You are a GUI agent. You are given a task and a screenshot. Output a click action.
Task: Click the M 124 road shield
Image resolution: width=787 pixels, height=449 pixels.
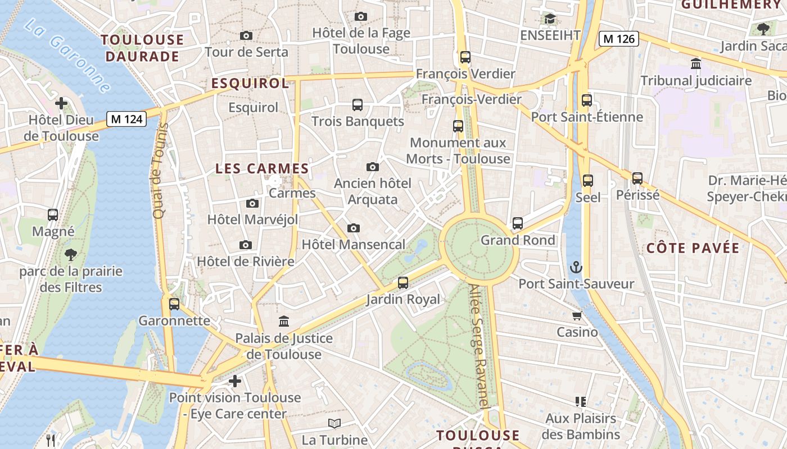[126, 119]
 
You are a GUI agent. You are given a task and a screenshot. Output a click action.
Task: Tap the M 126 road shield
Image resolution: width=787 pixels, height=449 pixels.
[619, 39]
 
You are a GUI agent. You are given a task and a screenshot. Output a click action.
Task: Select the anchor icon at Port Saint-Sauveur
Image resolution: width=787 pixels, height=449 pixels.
[576, 267]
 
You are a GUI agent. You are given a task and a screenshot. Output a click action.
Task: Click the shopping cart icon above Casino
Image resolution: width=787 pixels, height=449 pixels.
[577, 315]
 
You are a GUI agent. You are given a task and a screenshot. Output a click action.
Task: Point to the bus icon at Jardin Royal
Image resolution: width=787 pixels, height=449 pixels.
[403, 283]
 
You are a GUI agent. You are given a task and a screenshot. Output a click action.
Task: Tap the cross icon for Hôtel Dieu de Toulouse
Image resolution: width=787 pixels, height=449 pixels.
[61, 103]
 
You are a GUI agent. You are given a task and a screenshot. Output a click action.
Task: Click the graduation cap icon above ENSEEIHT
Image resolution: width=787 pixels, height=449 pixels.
[550, 19]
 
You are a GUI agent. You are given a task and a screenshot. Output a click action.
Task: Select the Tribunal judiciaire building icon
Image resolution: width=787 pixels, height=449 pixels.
[696, 64]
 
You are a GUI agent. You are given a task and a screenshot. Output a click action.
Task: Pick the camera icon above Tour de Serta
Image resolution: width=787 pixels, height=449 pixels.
[246, 36]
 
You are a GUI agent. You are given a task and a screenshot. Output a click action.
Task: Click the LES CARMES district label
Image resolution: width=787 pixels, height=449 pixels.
[263, 168]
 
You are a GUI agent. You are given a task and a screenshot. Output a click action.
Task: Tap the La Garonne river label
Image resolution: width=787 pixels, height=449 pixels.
[68, 56]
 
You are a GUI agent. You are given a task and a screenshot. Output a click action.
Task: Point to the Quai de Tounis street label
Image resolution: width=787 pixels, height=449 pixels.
[159, 171]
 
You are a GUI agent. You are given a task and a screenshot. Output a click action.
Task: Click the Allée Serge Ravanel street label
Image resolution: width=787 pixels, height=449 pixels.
[480, 345]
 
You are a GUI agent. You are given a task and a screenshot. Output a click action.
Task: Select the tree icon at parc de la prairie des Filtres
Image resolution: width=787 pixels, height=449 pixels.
[71, 255]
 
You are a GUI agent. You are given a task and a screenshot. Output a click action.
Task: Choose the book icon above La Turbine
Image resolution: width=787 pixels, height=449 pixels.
[334, 424]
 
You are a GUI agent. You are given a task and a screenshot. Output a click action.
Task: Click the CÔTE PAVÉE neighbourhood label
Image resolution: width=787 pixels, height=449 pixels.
[693, 248]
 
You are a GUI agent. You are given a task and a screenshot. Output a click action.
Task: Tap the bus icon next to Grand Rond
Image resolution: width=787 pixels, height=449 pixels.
[518, 223]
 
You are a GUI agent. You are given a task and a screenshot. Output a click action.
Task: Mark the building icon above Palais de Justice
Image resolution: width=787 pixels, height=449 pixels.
[284, 322]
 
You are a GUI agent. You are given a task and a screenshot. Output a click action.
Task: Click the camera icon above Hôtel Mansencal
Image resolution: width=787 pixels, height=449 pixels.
[353, 228]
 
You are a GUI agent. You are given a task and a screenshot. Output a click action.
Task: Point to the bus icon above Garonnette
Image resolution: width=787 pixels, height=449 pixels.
[174, 304]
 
